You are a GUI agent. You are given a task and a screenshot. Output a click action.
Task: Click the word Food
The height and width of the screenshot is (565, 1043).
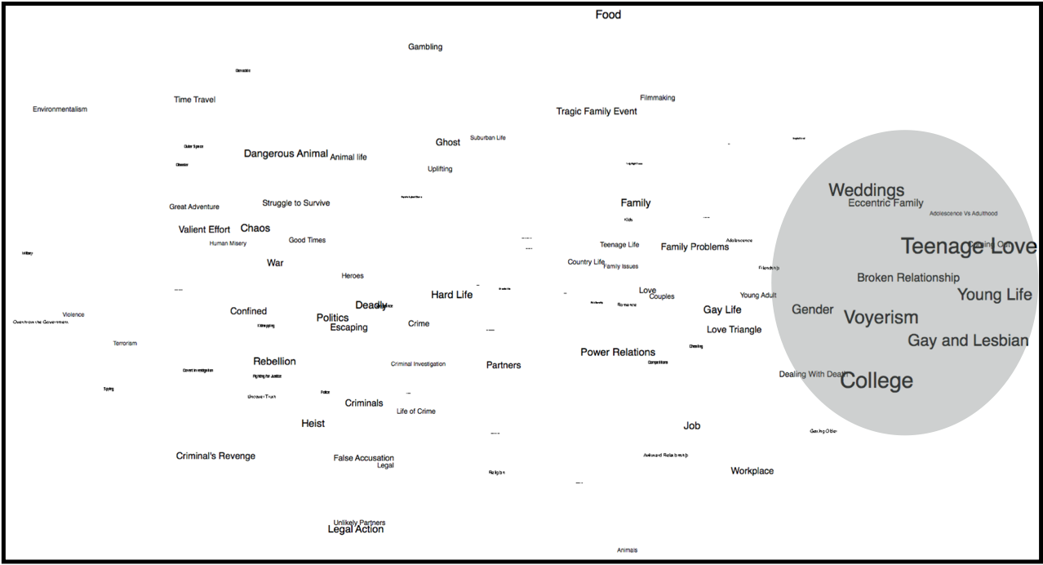pos(608,15)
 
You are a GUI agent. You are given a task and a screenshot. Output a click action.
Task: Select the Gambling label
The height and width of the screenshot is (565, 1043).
pos(425,47)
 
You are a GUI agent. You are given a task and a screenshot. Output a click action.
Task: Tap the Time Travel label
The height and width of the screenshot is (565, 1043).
pos(194,100)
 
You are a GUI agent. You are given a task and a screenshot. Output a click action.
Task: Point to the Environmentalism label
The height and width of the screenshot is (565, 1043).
pos(60,109)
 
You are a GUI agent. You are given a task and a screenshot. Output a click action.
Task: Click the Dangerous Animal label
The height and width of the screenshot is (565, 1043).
pos(286,153)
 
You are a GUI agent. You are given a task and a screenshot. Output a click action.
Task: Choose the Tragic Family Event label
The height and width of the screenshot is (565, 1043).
pos(597,111)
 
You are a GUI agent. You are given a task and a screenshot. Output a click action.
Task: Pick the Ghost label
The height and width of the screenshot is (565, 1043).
pos(447,142)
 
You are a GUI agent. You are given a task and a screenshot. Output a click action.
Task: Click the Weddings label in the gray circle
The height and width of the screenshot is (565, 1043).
pos(866,190)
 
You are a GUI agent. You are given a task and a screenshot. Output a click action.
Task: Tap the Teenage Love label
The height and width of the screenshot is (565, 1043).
pos(968,246)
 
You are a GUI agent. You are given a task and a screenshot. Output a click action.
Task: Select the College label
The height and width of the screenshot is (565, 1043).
pos(877,380)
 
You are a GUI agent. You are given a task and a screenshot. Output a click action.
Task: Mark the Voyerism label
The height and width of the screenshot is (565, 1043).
pos(881,318)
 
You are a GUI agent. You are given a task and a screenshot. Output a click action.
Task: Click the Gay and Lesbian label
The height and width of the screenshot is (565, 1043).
pos(968,340)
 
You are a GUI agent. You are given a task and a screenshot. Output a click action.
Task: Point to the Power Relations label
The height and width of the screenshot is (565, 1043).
pos(618,353)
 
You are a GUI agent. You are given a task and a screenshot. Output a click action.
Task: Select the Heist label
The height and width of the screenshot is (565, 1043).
pos(313,424)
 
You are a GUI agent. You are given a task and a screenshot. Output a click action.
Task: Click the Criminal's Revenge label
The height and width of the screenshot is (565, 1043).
pos(215,456)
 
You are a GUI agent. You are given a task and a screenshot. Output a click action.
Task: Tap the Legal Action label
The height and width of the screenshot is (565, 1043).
pos(355,529)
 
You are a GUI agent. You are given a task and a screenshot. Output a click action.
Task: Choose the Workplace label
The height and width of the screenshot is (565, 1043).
pos(752,471)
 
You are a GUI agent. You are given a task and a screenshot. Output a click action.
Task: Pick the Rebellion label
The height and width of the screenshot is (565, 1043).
pos(274,361)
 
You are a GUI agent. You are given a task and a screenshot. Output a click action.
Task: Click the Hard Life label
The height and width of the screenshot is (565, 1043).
pos(451,295)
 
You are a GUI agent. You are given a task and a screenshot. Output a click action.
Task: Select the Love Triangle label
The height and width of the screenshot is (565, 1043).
pos(734,330)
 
